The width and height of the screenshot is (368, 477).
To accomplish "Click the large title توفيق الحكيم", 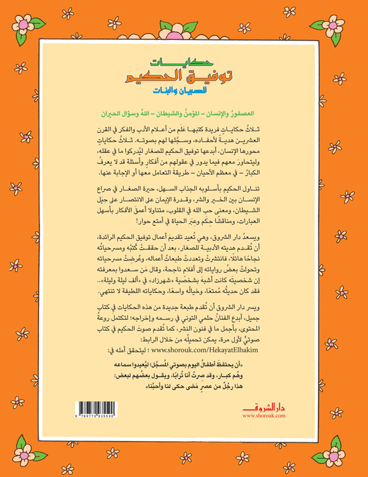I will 184,76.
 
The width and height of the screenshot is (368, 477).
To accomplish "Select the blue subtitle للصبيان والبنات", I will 183,91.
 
